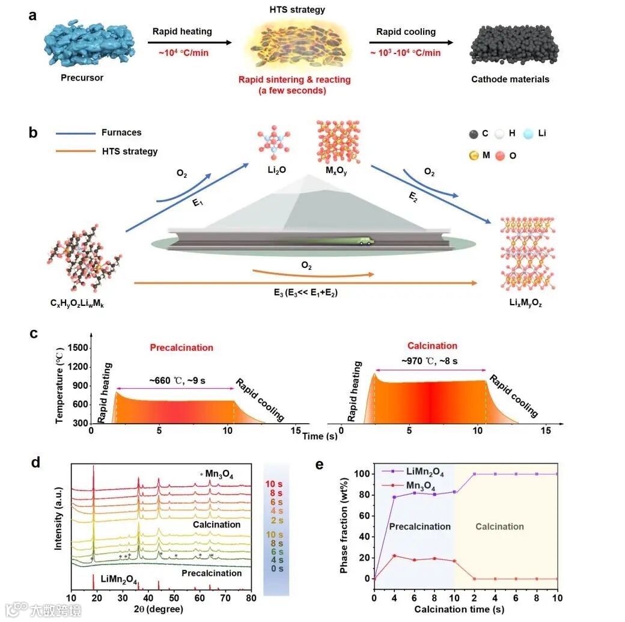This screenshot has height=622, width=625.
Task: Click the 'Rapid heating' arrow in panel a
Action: click(x=190, y=43)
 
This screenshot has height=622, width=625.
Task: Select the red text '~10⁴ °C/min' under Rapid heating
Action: click(x=184, y=53)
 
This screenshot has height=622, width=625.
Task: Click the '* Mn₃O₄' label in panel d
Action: click(x=218, y=474)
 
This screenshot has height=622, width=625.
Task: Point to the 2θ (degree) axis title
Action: click(x=161, y=609)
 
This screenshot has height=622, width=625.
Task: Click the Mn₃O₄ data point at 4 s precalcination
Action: click(x=394, y=555)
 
